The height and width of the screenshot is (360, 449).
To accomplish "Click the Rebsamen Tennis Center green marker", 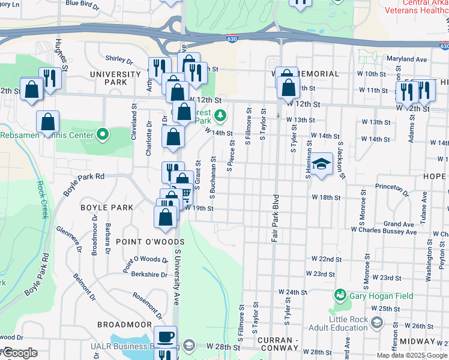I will [x=102, y=134].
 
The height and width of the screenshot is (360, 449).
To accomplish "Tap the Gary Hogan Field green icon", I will [x=340, y=295].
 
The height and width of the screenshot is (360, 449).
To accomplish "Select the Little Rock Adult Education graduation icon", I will [x=376, y=323].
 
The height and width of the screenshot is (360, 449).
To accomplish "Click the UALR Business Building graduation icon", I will [x=189, y=345].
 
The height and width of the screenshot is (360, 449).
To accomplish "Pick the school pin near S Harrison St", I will [x=321, y=164].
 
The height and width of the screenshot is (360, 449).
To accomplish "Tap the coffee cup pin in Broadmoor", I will [x=165, y=337].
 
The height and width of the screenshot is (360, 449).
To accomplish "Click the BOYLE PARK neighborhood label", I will [x=107, y=208].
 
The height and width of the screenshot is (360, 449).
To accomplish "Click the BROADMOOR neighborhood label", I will [x=125, y=324].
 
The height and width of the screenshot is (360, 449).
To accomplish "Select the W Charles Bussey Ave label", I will [x=383, y=229].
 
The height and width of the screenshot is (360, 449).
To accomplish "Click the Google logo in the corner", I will [x=20, y=353].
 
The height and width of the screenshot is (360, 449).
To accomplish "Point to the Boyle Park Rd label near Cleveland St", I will [x=88, y=176].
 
